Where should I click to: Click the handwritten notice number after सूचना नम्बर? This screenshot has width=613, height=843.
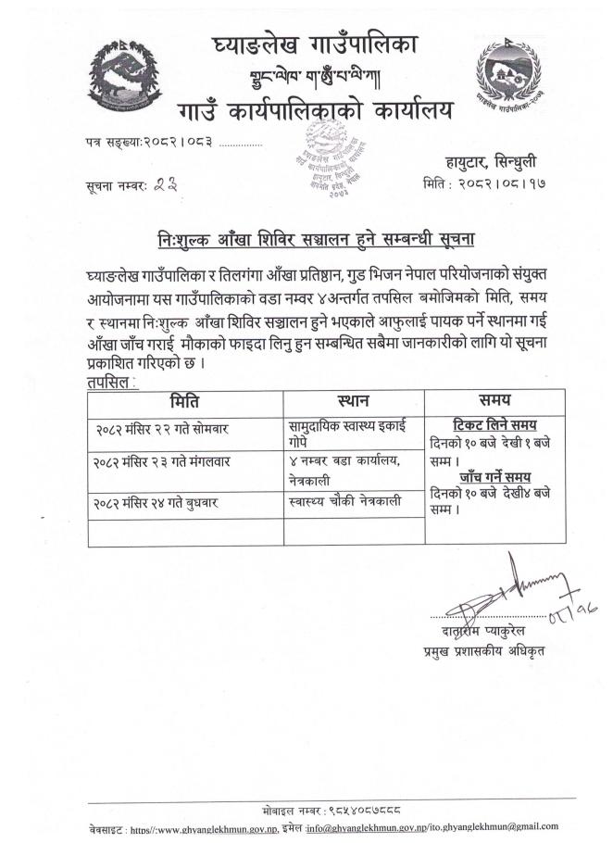pos(167,184)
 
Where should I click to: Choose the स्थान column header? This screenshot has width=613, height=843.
pos(352,401)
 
